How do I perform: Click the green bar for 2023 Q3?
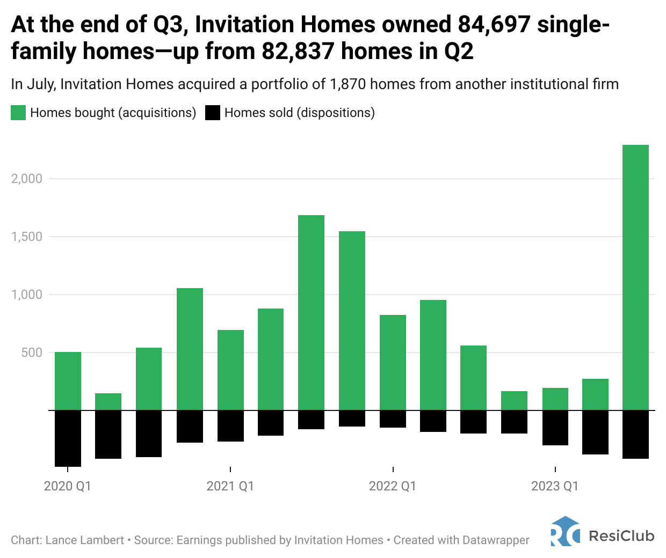635,277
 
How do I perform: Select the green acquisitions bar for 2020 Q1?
68,381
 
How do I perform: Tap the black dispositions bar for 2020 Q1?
68,438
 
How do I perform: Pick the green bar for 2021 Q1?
230,370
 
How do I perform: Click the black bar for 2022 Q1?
393,419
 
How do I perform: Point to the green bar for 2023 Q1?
555,399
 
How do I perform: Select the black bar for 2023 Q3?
635,435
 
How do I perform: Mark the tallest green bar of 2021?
312,313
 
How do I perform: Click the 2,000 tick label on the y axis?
27,179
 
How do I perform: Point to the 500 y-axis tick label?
31,353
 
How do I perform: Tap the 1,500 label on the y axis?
27,237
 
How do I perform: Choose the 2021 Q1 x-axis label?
230,486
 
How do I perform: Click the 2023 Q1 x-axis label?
555,486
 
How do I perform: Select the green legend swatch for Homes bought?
18,113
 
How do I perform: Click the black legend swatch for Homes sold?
213,113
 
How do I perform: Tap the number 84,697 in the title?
494,25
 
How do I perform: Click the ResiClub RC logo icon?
565,531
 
